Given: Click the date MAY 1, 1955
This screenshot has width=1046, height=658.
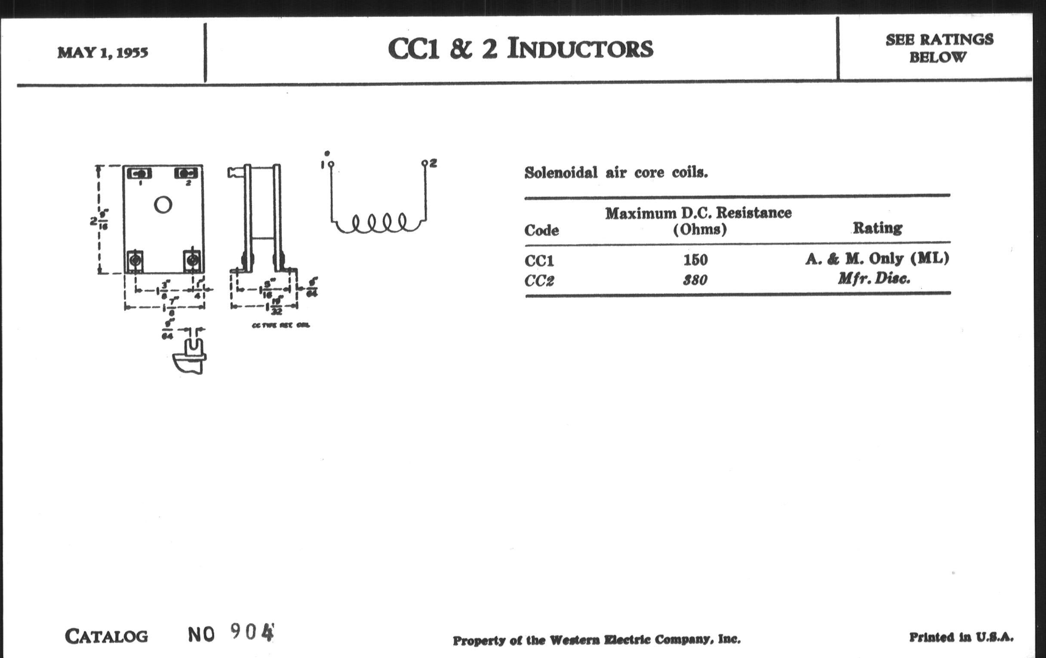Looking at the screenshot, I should pyautogui.click(x=102, y=52).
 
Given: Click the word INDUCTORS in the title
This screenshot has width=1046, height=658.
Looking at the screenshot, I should pyautogui.click(x=580, y=48).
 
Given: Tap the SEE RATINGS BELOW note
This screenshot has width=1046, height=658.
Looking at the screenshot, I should pyautogui.click(x=939, y=48).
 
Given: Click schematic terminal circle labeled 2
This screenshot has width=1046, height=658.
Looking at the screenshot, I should pyautogui.click(x=425, y=164).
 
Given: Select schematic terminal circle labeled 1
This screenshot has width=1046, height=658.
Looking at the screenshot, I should pyautogui.click(x=332, y=164).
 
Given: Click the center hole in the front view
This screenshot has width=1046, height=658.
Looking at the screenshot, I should pyautogui.click(x=163, y=205).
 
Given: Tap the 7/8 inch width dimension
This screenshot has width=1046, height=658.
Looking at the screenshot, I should pyautogui.click(x=172, y=307).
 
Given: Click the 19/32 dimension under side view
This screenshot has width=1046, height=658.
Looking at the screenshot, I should pyautogui.click(x=276, y=306).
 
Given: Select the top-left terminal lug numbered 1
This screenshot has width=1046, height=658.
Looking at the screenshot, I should pyautogui.click(x=139, y=173).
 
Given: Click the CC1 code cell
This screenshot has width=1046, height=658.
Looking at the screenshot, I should pyautogui.click(x=539, y=261).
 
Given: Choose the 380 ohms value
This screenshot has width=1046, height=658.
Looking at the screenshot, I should pyautogui.click(x=695, y=280).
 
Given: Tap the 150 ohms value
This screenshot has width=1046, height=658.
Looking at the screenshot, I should pyautogui.click(x=695, y=260).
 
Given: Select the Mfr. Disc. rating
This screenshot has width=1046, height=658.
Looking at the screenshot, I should pyautogui.click(x=874, y=279).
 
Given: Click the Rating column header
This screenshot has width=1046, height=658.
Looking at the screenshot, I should pyautogui.click(x=877, y=228).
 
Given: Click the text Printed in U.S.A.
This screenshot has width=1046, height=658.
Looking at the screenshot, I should pyautogui.click(x=961, y=637).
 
